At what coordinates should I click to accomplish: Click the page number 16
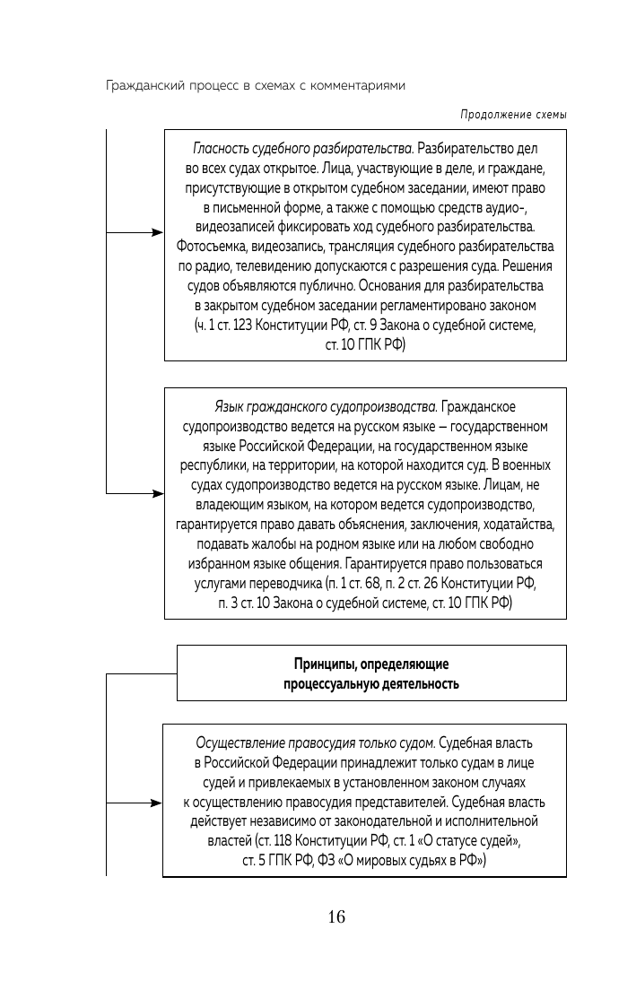pyautogui.click(x=336, y=916)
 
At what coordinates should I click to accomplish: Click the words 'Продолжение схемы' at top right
pyautogui.click(x=514, y=115)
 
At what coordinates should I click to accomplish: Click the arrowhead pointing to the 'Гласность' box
pyautogui.click(x=158, y=233)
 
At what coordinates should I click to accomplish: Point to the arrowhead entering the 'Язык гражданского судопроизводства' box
pyautogui.click(x=158, y=494)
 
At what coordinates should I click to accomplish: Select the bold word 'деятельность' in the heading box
pyautogui.click(x=419, y=684)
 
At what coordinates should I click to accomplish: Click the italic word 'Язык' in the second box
pyautogui.click(x=230, y=406)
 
